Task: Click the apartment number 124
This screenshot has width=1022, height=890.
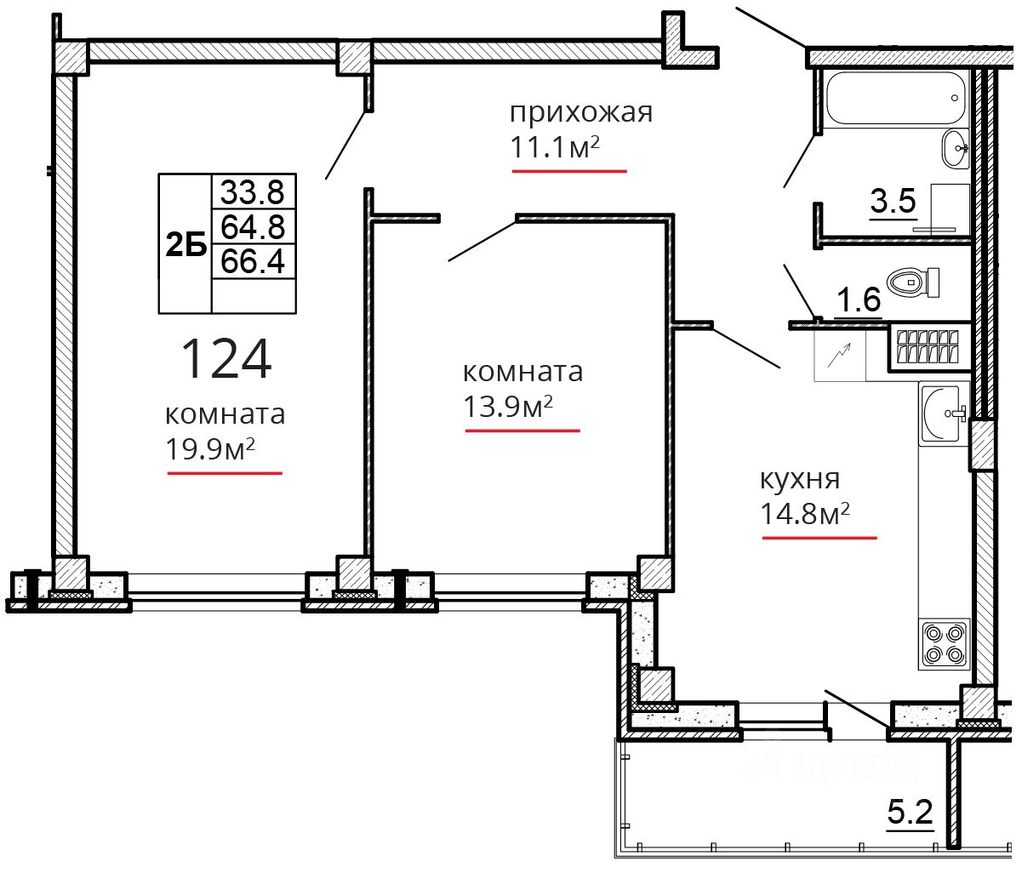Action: (x=226, y=358)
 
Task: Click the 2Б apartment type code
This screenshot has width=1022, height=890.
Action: (x=186, y=245)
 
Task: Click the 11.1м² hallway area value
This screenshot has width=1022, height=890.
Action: (x=555, y=147)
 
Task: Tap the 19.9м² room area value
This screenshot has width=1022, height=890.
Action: (x=210, y=449)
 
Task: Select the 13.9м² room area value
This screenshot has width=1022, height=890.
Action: (x=508, y=407)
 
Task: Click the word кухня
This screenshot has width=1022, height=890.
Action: (x=800, y=479)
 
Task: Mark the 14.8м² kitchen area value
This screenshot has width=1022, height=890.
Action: (x=805, y=514)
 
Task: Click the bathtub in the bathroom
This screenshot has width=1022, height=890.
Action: (x=894, y=98)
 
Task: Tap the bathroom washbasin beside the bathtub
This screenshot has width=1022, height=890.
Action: (x=955, y=148)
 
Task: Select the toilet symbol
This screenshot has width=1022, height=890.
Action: (x=912, y=282)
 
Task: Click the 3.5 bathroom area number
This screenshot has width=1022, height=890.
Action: (x=894, y=201)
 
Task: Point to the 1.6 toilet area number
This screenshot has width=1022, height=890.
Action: (x=858, y=300)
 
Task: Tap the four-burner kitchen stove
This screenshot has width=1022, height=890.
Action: (x=944, y=644)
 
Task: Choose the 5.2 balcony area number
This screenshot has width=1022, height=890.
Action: (x=911, y=825)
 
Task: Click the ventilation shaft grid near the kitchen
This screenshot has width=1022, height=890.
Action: (x=928, y=346)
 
